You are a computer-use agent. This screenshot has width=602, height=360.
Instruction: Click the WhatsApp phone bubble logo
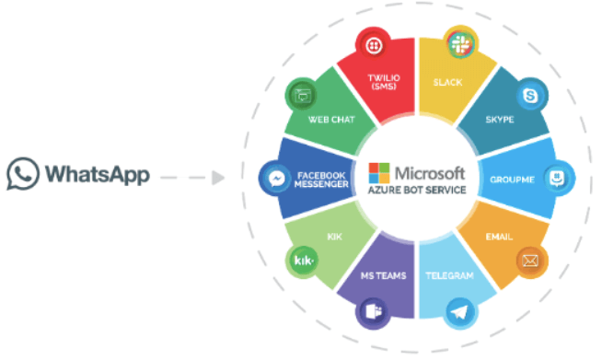click(22, 173)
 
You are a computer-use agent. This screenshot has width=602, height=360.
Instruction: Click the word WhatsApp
click(96, 174)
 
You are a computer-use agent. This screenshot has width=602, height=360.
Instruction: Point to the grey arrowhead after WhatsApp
click(217, 174)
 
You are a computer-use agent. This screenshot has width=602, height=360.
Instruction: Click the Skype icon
click(531, 95)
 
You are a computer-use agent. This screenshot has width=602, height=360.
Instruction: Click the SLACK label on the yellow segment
click(447, 82)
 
